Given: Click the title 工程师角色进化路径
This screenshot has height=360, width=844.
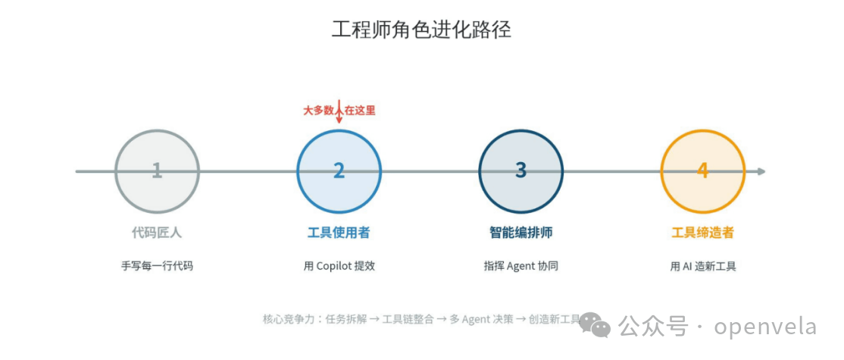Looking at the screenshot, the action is coord(421,30).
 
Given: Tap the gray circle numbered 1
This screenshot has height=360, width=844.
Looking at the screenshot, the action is coord(157,171).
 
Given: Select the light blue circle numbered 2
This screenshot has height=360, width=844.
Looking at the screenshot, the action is coord(339,171).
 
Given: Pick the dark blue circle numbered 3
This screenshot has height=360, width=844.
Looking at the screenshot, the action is coord(520,171).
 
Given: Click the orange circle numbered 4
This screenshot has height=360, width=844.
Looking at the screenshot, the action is coord(702,171).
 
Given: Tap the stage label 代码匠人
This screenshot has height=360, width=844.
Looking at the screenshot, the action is coord(157,233).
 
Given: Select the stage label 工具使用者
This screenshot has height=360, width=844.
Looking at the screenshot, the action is coord(339,233).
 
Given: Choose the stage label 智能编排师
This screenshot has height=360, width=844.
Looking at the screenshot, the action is coord(520,233).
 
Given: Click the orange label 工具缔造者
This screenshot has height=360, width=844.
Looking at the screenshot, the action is coord(702,233).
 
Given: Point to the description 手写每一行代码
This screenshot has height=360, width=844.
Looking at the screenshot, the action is coord(157,266).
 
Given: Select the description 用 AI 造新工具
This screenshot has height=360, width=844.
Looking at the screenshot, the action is coord(702,266).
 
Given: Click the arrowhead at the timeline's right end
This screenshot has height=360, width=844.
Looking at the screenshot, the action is coord(761,171).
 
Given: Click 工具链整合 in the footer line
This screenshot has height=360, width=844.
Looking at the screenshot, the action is coord(408,319).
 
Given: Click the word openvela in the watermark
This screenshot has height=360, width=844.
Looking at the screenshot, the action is coord(765,327).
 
